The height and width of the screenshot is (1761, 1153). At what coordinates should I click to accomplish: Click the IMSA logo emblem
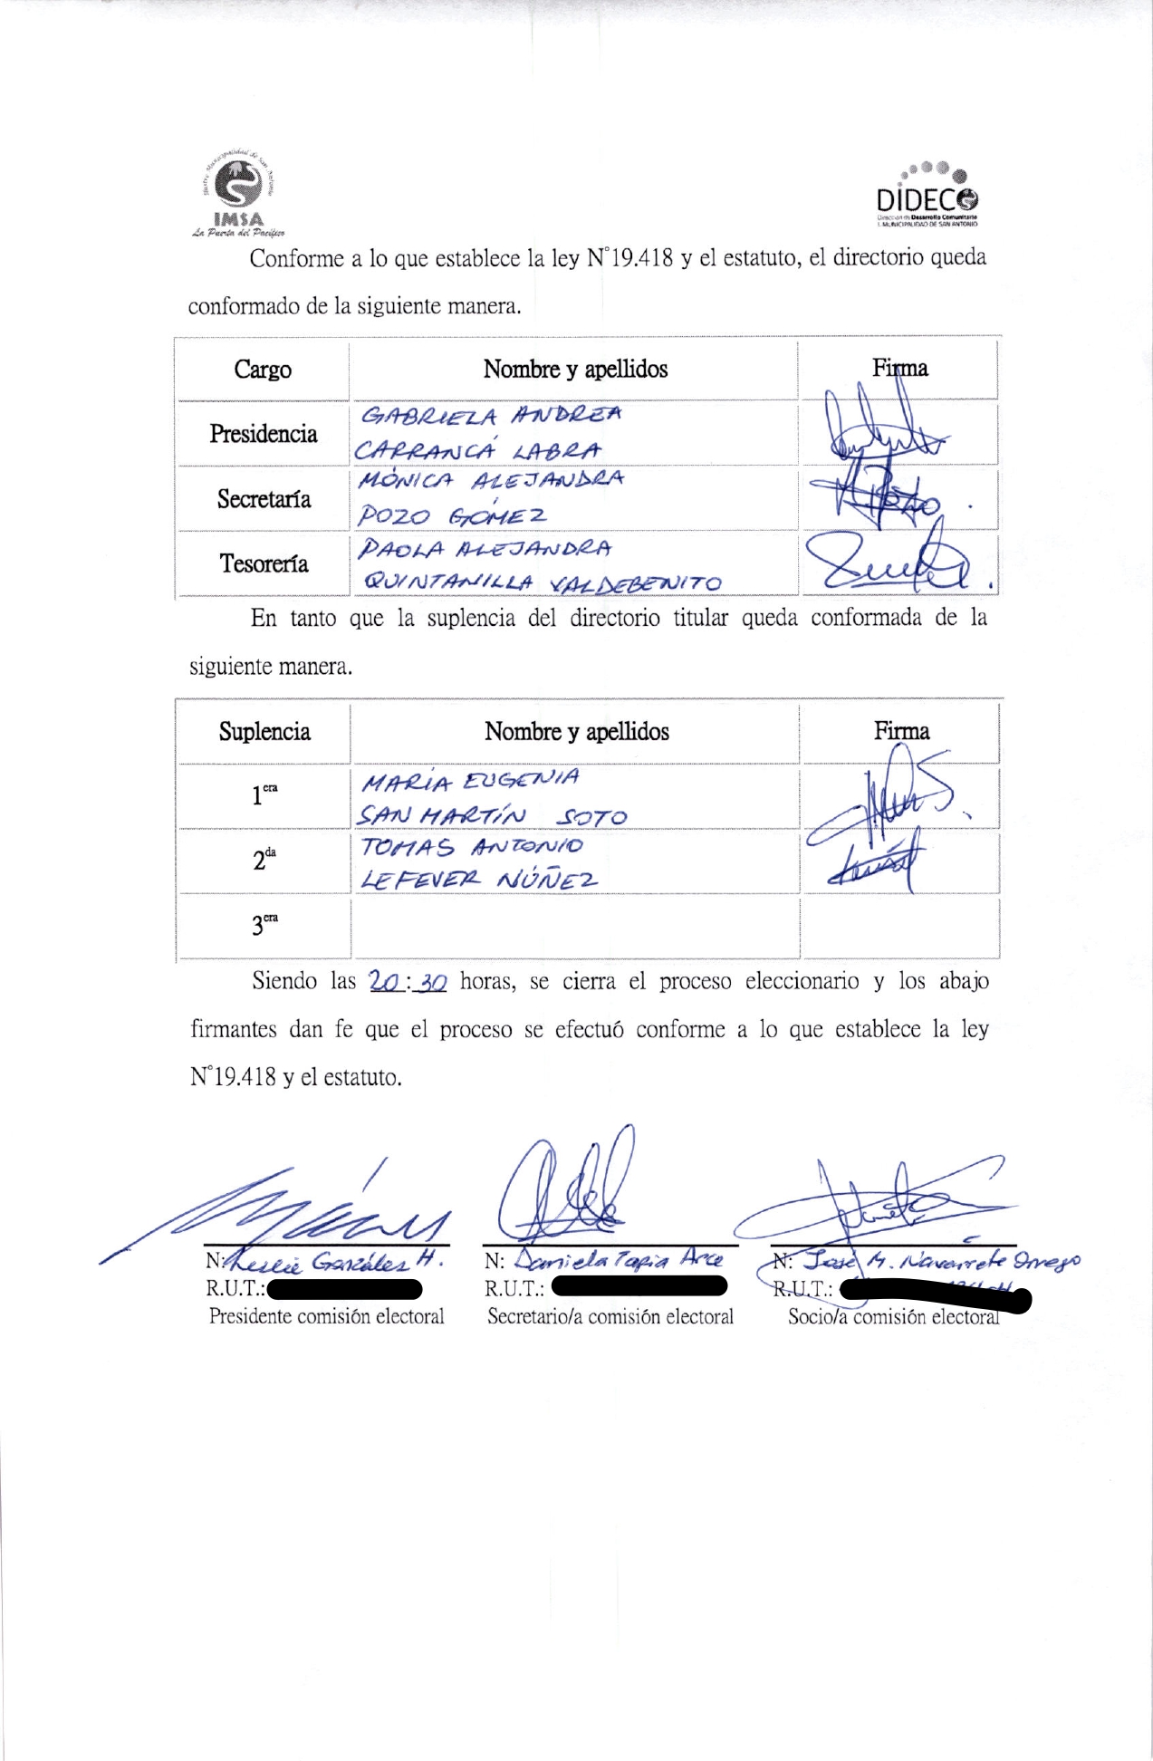click(x=238, y=187)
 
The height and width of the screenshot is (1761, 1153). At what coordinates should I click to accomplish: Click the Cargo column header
click(x=263, y=370)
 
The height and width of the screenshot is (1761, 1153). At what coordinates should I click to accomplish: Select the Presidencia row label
click(x=264, y=434)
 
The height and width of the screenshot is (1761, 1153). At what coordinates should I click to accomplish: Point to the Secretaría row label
click(x=264, y=499)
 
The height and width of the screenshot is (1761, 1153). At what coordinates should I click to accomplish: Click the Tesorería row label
click(x=264, y=564)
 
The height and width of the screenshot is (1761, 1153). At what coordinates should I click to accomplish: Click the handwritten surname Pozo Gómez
click(x=451, y=515)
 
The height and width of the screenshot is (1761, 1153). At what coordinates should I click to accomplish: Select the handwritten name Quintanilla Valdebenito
click(x=541, y=582)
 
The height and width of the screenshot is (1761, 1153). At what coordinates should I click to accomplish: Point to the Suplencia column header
click(x=264, y=732)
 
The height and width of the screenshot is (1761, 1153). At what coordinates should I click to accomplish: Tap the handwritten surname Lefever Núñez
click(x=479, y=880)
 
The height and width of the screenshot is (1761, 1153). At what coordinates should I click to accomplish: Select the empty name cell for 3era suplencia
click(x=575, y=926)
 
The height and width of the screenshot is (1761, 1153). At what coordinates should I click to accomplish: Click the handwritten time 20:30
click(x=408, y=982)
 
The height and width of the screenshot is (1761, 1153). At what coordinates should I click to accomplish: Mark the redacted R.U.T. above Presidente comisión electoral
click(x=344, y=1288)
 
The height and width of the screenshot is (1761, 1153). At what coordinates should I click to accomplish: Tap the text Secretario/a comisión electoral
click(x=610, y=1317)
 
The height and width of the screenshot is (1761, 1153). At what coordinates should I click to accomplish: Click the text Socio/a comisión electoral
click(x=893, y=1317)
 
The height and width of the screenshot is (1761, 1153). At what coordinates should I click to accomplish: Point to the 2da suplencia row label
click(x=264, y=860)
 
